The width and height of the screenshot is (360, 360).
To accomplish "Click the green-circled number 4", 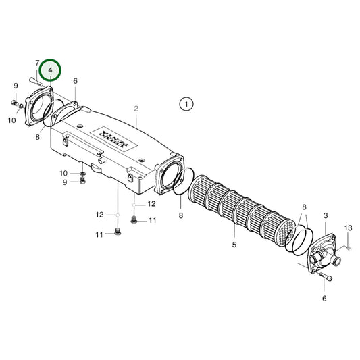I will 50,70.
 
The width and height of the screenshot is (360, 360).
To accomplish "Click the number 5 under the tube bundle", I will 234,245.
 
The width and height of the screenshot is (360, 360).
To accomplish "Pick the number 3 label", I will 326,215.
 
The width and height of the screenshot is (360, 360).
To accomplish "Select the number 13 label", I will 349,228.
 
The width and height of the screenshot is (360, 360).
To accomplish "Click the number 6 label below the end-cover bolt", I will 324,298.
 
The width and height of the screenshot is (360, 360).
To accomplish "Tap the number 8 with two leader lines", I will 304,206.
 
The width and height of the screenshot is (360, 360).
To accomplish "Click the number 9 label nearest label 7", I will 16,85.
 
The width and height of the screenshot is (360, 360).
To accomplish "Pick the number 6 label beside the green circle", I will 75,81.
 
